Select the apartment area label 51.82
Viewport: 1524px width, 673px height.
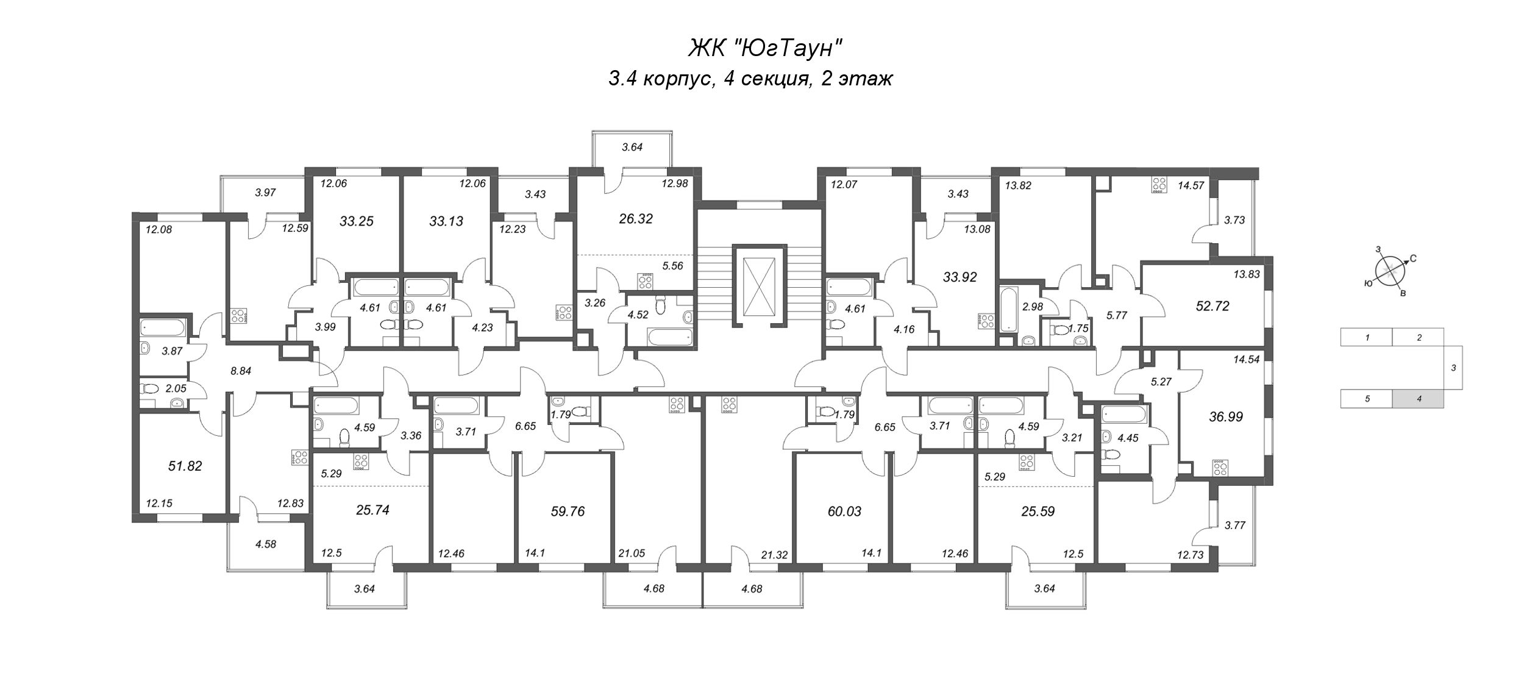(x=185, y=466)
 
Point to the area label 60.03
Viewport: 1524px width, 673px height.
(x=844, y=511)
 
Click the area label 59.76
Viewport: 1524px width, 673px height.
(x=567, y=511)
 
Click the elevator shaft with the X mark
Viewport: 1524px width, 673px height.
(x=758, y=287)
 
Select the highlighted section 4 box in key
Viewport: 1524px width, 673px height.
(x=1418, y=399)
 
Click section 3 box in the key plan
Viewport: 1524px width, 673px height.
(x=1453, y=368)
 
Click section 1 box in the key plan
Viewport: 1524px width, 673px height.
(x=1367, y=337)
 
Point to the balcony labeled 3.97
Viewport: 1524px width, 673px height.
(x=265, y=193)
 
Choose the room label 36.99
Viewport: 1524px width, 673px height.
(x=1226, y=417)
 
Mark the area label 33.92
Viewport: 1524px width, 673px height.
(x=960, y=277)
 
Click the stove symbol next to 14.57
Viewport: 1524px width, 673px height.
(x=1158, y=185)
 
